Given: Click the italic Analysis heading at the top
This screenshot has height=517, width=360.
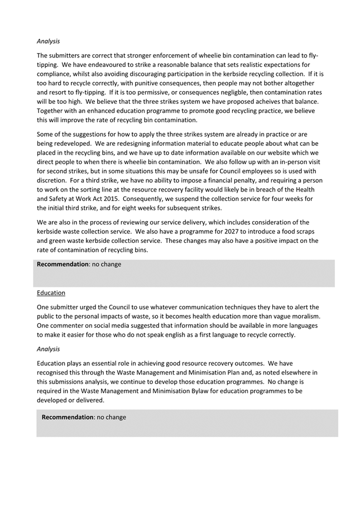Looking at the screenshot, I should point(48,41).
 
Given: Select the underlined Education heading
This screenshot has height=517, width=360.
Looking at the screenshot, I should point(51,293).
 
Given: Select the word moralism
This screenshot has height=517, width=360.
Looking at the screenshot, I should point(304,316).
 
